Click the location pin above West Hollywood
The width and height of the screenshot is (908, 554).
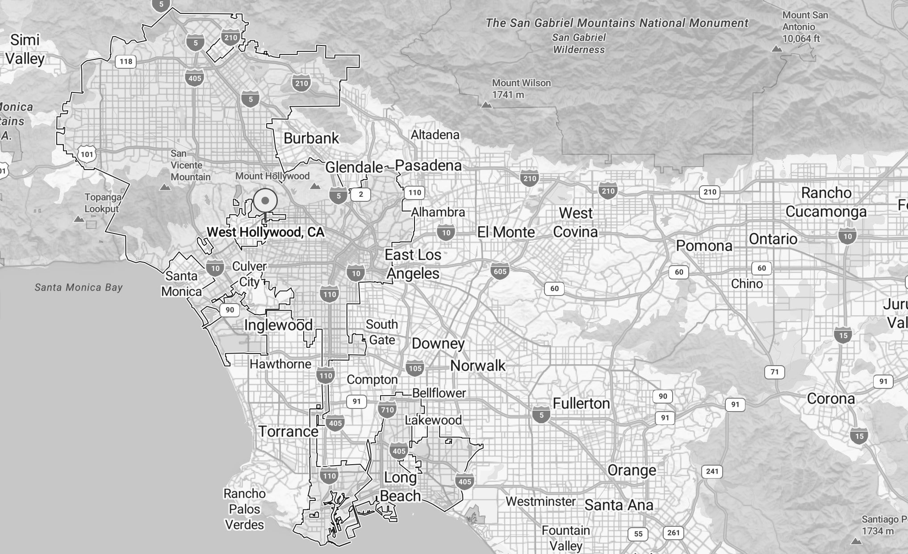[x=265, y=201]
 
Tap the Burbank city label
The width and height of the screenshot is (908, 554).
[x=311, y=138]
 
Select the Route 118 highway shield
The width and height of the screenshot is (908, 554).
[x=126, y=62]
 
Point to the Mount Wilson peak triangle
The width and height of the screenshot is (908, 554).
[x=486, y=105]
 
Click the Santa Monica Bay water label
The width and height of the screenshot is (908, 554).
[x=79, y=287]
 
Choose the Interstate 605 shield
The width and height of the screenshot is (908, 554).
[x=500, y=271]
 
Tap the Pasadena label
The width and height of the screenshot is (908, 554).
[x=428, y=166]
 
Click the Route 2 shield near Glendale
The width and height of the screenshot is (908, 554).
[x=361, y=194]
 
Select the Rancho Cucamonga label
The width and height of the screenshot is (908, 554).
[x=826, y=202]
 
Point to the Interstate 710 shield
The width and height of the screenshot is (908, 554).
[x=387, y=410]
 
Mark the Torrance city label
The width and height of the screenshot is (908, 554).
[x=289, y=432]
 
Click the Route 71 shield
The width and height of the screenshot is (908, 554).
[x=774, y=372]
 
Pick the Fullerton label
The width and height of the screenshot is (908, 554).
[x=581, y=404]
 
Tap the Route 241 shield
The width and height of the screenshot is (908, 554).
[x=712, y=471]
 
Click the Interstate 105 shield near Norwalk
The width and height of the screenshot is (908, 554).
[x=415, y=368]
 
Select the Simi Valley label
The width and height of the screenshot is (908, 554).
[x=25, y=49]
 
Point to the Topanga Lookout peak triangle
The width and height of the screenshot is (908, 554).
[x=79, y=219]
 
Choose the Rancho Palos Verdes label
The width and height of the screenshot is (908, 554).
[x=244, y=509]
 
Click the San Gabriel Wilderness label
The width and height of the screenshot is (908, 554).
[x=579, y=44]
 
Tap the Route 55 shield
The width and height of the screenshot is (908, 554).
[x=638, y=534]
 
